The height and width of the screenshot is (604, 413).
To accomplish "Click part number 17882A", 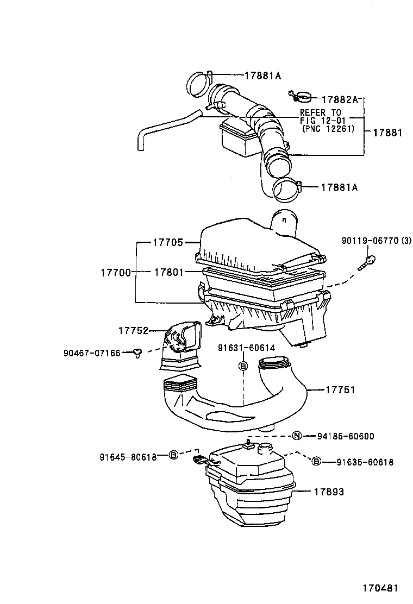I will (x=340, y=100).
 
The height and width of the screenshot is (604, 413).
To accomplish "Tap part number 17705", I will (x=168, y=243).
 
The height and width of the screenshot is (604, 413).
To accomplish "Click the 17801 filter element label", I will (x=168, y=272).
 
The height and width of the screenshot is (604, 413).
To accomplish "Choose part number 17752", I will (x=134, y=330).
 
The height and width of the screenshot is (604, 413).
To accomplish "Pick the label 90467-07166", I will (x=90, y=353).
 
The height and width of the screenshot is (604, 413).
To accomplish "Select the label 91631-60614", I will (x=247, y=348).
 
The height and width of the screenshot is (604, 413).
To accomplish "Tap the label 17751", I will (x=340, y=390).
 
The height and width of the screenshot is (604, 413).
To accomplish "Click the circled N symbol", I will (x=297, y=436).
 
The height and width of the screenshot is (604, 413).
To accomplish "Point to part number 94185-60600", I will (x=346, y=436).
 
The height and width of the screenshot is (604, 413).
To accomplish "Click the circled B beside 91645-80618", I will (x=173, y=455).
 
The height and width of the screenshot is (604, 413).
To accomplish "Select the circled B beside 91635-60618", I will (x=316, y=462).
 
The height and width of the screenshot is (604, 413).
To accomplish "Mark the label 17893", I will (x=328, y=492).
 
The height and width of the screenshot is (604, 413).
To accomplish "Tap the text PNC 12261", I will (x=328, y=129).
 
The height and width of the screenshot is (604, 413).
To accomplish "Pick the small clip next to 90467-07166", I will (x=138, y=354).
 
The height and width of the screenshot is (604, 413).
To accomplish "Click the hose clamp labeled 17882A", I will (x=301, y=97).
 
